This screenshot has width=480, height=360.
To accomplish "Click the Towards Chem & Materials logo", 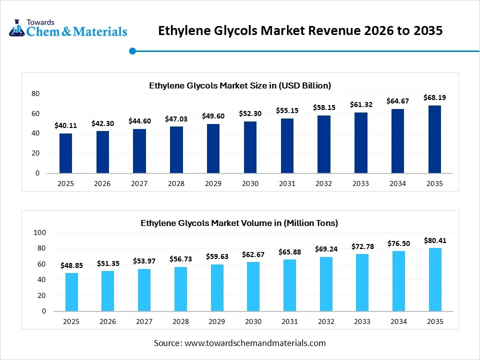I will (68, 28).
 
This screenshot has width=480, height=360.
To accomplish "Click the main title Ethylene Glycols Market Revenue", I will (300, 30).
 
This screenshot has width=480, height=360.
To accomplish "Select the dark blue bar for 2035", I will (434, 139).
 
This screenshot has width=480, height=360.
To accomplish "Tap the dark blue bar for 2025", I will (65, 153).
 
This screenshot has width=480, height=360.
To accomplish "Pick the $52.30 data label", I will (250, 113).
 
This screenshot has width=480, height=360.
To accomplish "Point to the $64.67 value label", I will (397, 101).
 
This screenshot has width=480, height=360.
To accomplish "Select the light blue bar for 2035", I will (434, 279).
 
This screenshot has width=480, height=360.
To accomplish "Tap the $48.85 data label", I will (71, 265).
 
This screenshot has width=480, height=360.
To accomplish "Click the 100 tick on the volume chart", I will (39, 232).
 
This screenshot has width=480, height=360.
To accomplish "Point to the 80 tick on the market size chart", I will (35, 93).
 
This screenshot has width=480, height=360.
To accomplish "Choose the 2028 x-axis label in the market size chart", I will (176, 183).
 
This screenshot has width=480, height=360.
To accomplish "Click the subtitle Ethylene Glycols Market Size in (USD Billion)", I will (240, 85).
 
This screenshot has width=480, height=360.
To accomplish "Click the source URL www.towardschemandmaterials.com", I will (255, 343).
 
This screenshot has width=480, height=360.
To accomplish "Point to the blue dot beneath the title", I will (132, 50).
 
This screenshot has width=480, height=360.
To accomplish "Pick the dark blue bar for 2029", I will (213, 149).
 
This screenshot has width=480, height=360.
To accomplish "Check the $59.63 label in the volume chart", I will (217, 256).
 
